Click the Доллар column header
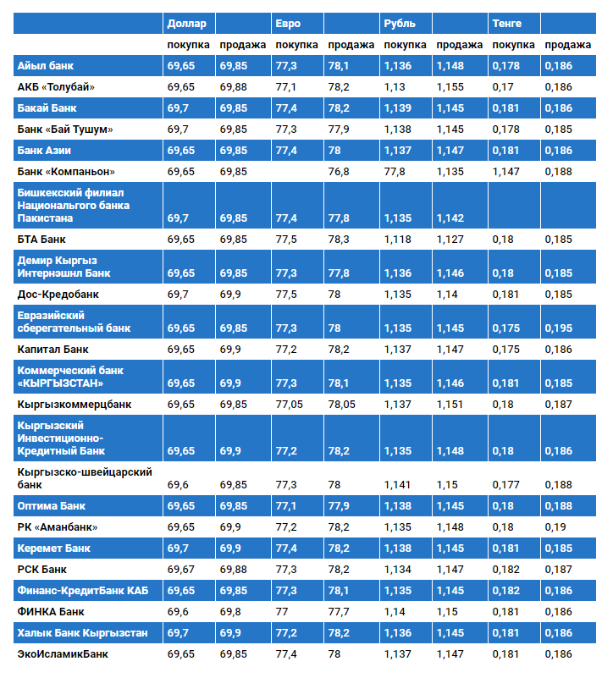(x=186, y=24)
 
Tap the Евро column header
(x=288, y=24)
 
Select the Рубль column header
(x=400, y=24)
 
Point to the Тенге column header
(x=506, y=24)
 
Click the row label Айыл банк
(x=46, y=66)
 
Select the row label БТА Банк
(x=41, y=239)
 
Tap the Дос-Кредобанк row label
(x=58, y=295)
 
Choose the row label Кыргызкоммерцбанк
(x=75, y=405)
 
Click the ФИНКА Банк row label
(x=51, y=612)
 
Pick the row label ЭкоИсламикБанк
(x=63, y=654)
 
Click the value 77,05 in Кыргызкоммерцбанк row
(x=289, y=405)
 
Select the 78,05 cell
(x=341, y=405)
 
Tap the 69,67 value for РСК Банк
(x=181, y=570)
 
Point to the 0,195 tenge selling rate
(x=559, y=328)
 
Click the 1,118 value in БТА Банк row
(x=398, y=239)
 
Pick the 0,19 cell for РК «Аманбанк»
(x=555, y=527)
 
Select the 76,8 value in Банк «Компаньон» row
(x=339, y=172)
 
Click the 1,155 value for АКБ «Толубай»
(x=450, y=87)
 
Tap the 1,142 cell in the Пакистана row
(x=450, y=218)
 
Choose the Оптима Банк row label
(x=52, y=506)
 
